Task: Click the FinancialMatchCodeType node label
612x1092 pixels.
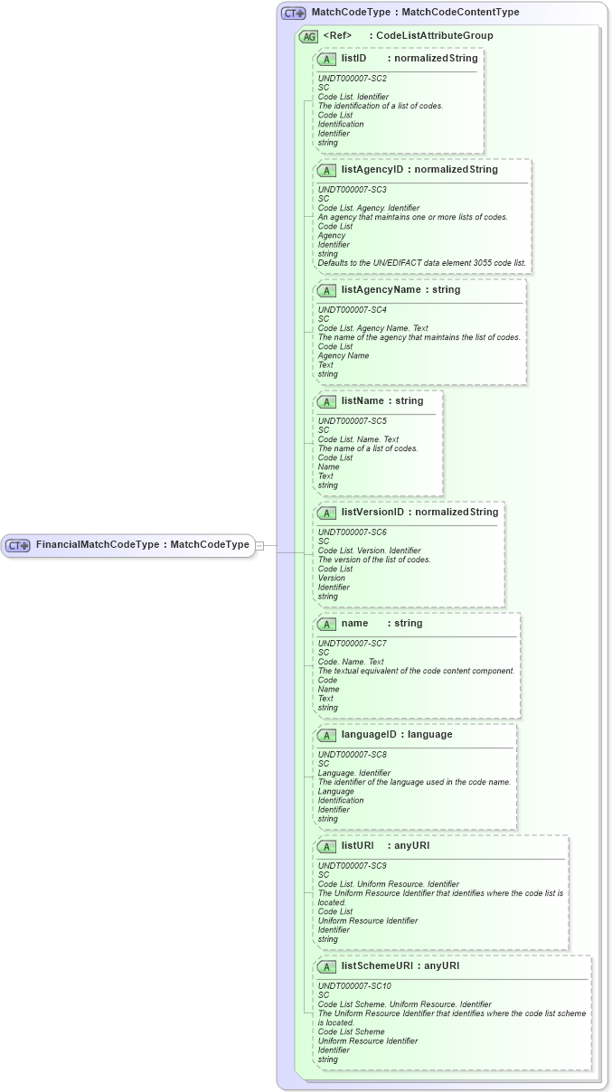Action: (x=142, y=545)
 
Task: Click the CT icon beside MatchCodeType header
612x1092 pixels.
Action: (x=293, y=14)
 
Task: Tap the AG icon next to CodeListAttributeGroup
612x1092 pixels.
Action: (x=308, y=36)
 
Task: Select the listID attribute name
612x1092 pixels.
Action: (x=353, y=58)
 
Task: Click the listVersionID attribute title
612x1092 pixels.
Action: (x=372, y=512)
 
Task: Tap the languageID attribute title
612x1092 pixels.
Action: (x=371, y=734)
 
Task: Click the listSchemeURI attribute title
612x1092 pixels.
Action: (x=377, y=965)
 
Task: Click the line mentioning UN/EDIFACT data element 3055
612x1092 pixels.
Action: (x=421, y=263)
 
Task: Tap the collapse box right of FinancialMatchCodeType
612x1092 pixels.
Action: (x=259, y=545)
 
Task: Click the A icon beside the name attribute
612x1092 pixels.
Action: (x=327, y=624)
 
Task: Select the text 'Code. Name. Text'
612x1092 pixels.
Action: (x=351, y=662)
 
